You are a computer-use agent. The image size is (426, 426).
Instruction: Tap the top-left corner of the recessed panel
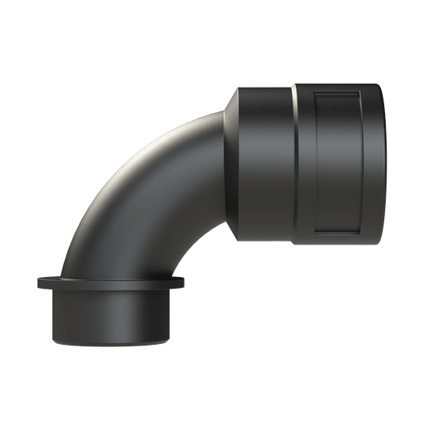click(313, 91)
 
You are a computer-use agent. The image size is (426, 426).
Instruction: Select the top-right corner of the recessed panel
click(362, 91)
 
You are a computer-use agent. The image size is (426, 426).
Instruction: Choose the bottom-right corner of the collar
click(379, 244)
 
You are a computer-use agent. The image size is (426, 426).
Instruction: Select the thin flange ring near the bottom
click(110, 282)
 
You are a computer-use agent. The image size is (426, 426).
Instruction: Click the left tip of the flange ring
click(38, 282)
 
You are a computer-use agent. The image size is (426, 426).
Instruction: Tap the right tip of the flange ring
click(184, 282)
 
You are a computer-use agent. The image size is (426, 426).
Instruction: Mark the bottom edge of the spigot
click(110, 345)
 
